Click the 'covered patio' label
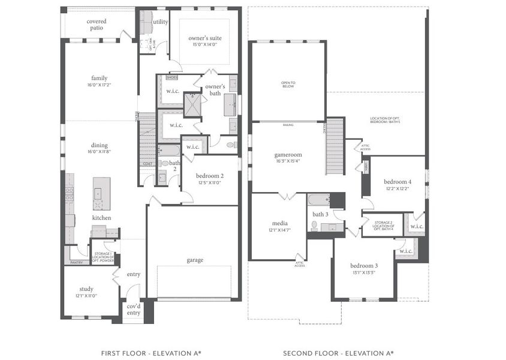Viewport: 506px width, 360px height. (x=97, y=25)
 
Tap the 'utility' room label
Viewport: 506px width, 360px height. (x=160, y=22)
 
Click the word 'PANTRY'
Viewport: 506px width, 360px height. (x=76, y=262)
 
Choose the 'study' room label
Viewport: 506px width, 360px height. (x=86, y=289)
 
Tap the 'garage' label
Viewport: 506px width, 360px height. (x=195, y=260)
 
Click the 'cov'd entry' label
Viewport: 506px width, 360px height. (x=133, y=309)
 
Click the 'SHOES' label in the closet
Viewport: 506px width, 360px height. (x=171, y=77)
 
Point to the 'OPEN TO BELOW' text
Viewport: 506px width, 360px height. (x=288, y=84)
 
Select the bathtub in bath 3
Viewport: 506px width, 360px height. (x=318, y=200)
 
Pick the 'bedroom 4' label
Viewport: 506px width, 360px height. (x=397, y=181)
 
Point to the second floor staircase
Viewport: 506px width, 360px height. (x=335, y=146)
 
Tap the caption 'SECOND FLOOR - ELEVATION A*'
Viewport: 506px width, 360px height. (x=338, y=353)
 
